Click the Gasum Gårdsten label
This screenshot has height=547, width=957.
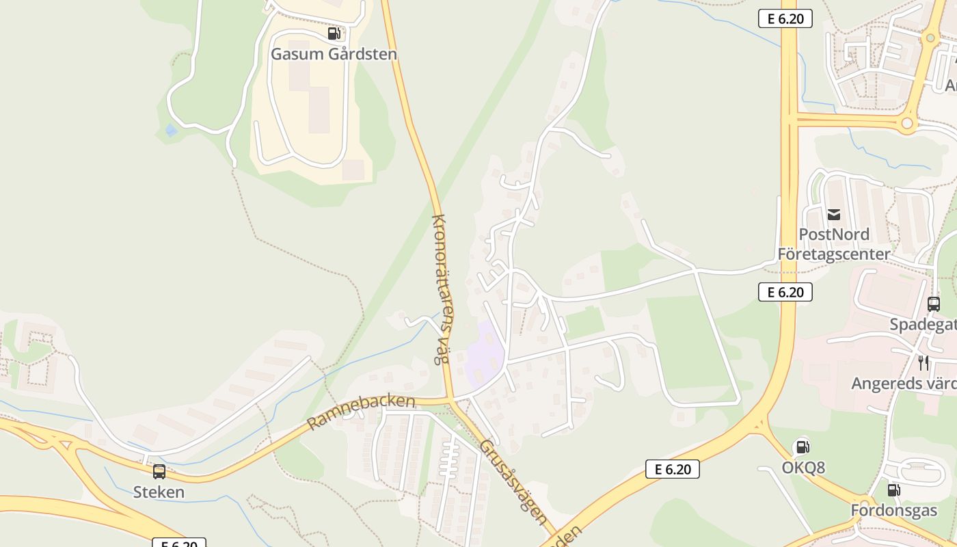click(x=334, y=54)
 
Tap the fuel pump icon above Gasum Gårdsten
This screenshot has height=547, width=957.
click(x=334, y=34)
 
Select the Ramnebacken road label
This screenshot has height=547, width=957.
click(x=361, y=412)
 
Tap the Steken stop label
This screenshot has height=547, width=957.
click(x=159, y=492)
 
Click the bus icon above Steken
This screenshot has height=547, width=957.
click(x=159, y=471)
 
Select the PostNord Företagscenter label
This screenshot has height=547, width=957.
click(x=834, y=244)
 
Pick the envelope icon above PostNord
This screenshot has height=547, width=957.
click(x=834, y=215)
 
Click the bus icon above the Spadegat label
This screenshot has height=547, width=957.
click(x=934, y=304)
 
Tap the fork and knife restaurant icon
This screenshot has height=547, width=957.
click(x=924, y=363)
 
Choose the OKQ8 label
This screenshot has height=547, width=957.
click(x=803, y=468)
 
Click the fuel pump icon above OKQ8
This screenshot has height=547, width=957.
click(x=803, y=447)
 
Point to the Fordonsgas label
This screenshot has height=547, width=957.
click(x=893, y=511)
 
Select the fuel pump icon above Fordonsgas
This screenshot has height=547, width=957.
click(x=893, y=490)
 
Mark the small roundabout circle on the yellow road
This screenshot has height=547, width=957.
click(x=907, y=124)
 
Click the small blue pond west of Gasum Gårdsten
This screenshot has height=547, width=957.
click(x=171, y=130)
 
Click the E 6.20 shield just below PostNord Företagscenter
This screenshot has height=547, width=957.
click(x=785, y=292)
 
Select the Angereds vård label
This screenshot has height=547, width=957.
click(x=903, y=384)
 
